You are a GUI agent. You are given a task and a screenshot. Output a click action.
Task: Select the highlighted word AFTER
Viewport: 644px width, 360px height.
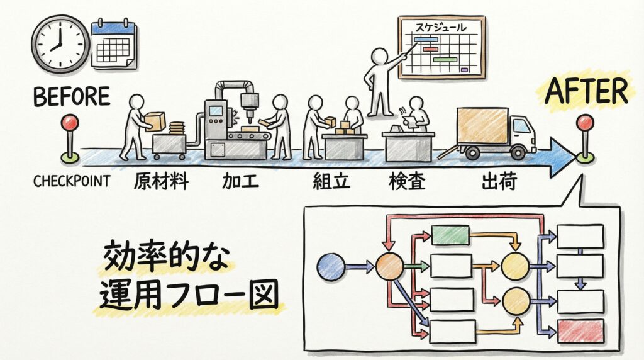[586, 93]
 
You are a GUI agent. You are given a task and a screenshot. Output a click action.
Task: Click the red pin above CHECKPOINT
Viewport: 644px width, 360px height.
[69, 124]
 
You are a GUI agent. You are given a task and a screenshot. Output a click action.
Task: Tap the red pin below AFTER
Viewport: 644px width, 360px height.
[585, 124]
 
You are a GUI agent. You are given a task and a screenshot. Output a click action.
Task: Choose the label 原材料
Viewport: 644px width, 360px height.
[161, 181]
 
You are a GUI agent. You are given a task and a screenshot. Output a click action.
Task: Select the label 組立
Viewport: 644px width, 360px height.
[331, 182]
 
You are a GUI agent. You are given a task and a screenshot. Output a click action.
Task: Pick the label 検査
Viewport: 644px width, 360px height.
[407, 182]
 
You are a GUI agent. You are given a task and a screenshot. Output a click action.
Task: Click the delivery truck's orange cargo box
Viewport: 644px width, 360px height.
[482, 126]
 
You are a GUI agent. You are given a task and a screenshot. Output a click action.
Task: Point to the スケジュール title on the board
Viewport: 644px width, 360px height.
[440, 27]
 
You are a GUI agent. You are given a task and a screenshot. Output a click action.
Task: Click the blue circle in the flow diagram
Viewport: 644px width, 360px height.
[331, 266]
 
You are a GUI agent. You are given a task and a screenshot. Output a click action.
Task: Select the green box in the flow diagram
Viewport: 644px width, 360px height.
[450, 235]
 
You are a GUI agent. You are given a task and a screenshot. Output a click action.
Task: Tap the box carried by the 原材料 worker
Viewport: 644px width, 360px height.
[155, 120]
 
